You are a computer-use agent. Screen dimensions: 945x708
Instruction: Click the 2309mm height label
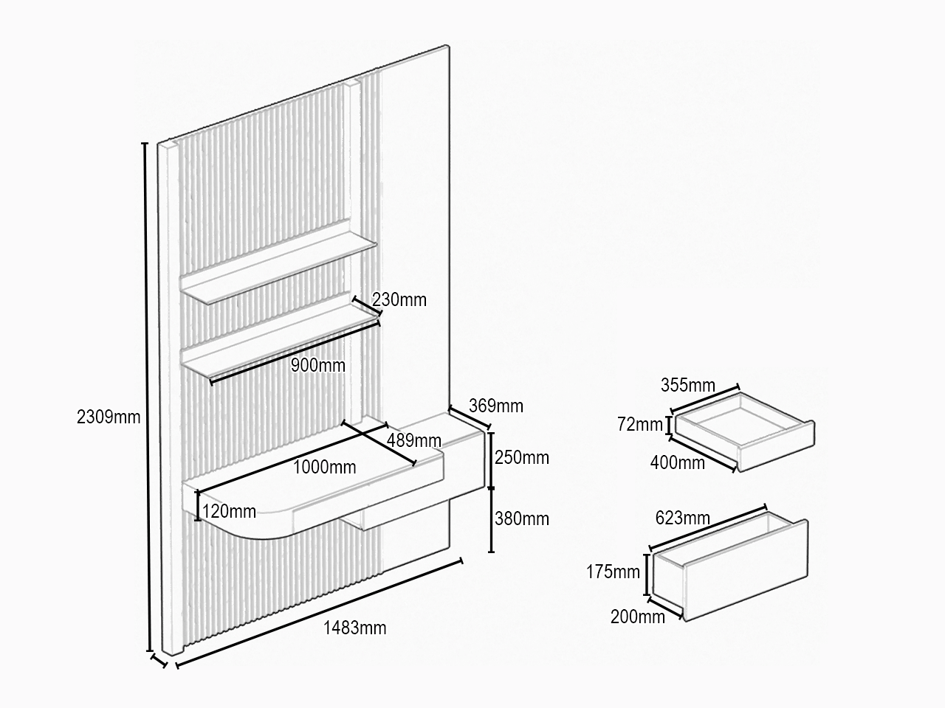(x=109, y=417)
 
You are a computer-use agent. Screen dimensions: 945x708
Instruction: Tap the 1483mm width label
(x=355, y=628)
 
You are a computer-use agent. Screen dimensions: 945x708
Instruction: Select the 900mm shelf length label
(x=317, y=365)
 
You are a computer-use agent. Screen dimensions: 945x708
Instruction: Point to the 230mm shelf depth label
(x=399, y=299)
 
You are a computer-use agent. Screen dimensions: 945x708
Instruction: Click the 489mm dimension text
(x=413, y=440)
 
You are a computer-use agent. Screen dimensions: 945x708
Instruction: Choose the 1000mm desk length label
(x=325, y=468)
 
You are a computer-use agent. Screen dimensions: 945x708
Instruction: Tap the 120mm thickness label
(x=229, y=512)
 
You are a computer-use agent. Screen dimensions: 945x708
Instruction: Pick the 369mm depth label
(x=496, y=406)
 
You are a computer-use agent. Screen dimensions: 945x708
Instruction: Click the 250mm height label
(x=522, y=458)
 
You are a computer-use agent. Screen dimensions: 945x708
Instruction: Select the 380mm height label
(x=522, y=519)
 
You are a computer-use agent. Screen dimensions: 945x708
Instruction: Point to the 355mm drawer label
(x=688, y=385)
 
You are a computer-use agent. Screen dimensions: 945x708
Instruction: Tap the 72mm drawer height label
(x=640, y=424)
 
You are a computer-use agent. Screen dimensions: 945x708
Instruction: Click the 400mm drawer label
(x=678, y=462)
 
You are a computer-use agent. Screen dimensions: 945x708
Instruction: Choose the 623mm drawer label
(x=683, y=518)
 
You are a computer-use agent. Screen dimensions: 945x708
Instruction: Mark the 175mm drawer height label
(x=613, y=572)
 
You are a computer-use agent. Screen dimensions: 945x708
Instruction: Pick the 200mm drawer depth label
(x=638, y=617)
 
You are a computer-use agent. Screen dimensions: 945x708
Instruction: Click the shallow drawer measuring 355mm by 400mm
(x=745, y=432)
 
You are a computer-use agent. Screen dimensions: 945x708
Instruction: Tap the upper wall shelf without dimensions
(x=278, y=268)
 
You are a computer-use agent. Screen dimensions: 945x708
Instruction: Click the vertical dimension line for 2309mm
(x=147, y=398)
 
